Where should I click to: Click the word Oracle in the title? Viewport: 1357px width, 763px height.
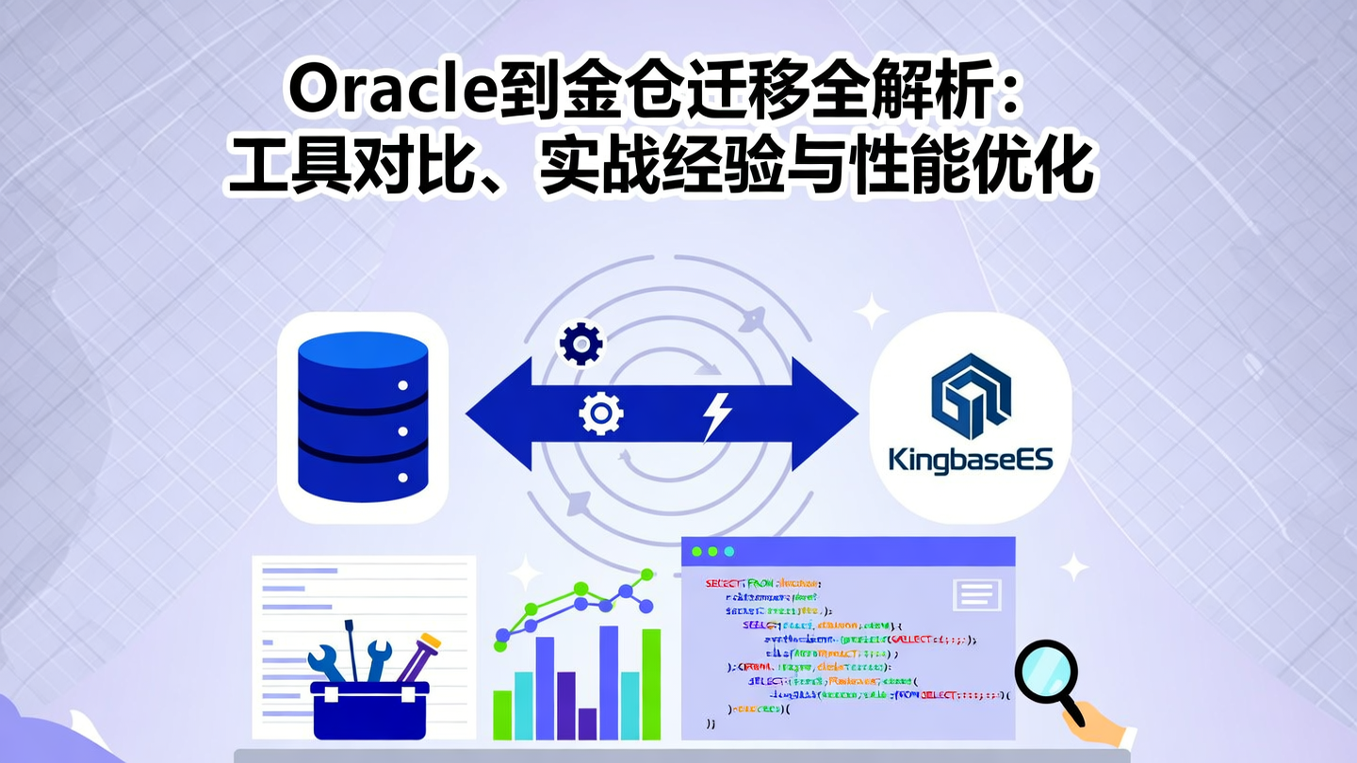385,91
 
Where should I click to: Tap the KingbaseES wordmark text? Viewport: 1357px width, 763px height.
971,461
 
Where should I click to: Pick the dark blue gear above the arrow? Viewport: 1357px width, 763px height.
580,345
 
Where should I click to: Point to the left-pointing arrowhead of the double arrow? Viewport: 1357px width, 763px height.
495,414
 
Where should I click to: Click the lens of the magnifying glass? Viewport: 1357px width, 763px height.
1046,672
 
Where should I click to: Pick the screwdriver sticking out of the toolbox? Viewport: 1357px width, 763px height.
351,650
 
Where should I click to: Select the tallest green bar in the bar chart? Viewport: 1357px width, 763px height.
651,683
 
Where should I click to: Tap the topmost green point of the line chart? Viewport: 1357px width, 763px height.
646,573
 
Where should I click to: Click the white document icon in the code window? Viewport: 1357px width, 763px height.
976,594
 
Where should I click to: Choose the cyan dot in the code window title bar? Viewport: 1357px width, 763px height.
728,551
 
